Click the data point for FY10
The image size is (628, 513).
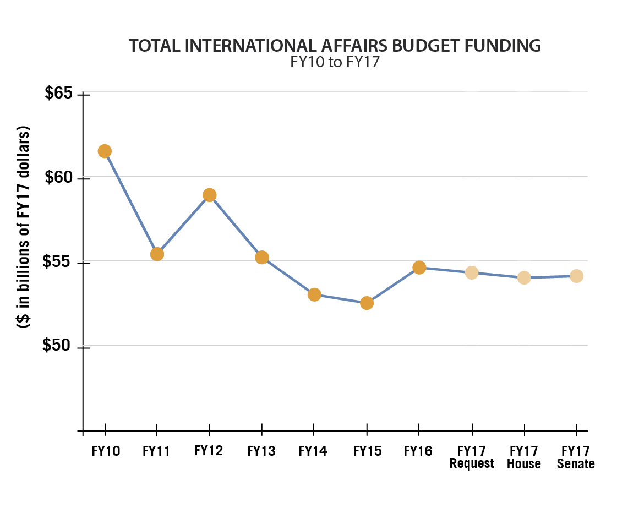pyautogui.click(x=105, y=151)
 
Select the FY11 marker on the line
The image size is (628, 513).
pyautogui.click(x=157, y=254)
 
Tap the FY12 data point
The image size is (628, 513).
pyautogui.click(x=209, y=195)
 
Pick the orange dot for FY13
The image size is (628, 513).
pyautogui.click(x=261, y=257)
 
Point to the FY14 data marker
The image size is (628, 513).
pyautogui.click(x=314, y=294)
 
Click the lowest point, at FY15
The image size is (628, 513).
pyautogui.click(x=367, y=303)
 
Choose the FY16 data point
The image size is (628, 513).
pyautogui.click(x=419, y=268)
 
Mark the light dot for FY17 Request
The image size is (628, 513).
pyautogui.click(x=472, y=272)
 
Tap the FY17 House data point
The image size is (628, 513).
pyautogui.click(x=524, y=277)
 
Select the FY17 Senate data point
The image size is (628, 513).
pyautogui.click(x=576, y=276)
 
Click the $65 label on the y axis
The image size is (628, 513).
pyautogui.click(x=59, y=94)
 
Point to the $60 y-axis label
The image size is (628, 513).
pyautogui.click(x=59, y=178)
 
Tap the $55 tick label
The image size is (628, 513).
pyautogui.click(x=59, y=262)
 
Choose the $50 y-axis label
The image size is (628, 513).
pyautogui.click(x=59, y=346)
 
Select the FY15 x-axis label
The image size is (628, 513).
pyautogui.click(x=367, y=451)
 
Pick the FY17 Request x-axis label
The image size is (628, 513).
pyautogui.click(x=472, y=457)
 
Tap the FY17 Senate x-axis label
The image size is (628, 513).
pyautogui.click(x=576, y=457)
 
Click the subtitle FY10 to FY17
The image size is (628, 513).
pyautogui.click(x=335, y=63)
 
